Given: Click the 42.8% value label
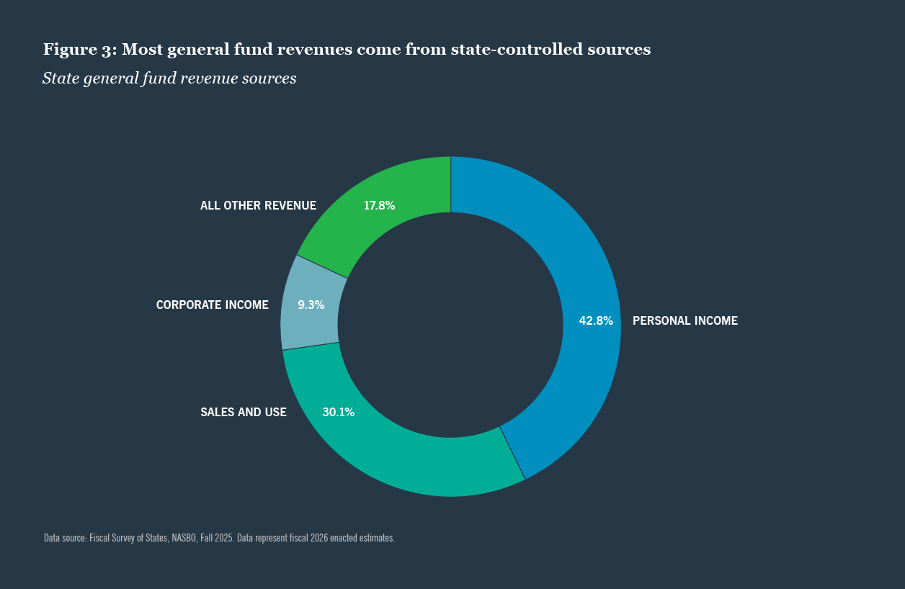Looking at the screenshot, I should click(x=596, y=321).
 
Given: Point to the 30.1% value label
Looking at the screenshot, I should click(x=338, y=413).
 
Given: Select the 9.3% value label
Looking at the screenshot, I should click(x=311, y=305).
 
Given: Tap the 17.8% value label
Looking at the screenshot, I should click(x=379, y=205).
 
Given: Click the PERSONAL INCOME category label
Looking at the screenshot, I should click(x=685, y=321).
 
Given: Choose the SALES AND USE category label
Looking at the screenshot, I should click(x=244, y=413).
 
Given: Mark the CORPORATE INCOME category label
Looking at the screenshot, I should click(x=212, y=305).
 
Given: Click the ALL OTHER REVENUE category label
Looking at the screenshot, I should click(x=258, y=206).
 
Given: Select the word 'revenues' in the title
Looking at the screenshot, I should click(x=319, y=50).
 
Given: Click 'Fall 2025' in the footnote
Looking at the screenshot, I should click(x=216, y=538).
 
